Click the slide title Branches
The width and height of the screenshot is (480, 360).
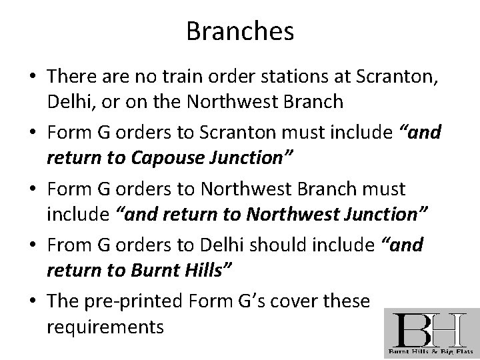(x=240, y=31)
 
